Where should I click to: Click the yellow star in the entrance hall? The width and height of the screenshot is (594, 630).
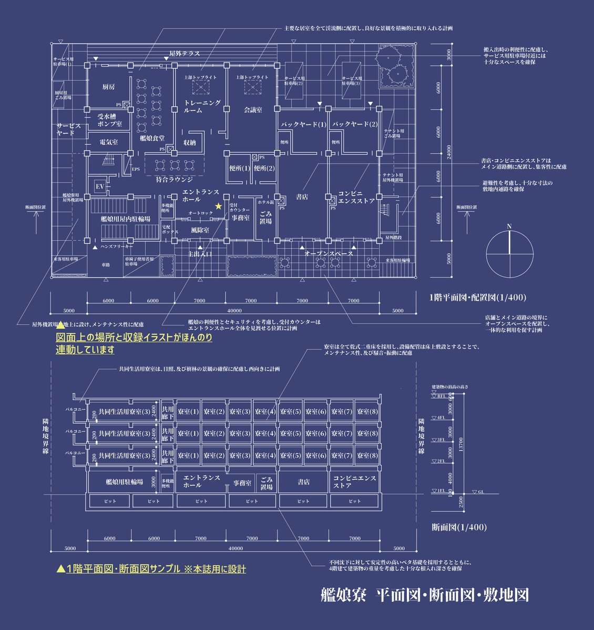(x=218, y=206)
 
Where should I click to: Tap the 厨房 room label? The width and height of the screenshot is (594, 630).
(x=108, y=86)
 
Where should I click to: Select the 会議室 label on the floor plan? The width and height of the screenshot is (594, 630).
(x=253, y=110)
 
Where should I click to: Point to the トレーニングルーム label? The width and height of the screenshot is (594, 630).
(x=202, y=107)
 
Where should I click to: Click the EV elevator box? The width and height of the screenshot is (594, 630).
(x=100, y=186)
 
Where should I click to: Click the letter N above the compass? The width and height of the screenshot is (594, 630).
(x=508, y=226)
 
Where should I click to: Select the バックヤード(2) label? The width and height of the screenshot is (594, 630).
(x=354, y=124)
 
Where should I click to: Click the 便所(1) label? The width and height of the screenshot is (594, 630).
(x=239, y=169)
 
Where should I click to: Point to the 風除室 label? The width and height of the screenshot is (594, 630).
(x=200, y=230)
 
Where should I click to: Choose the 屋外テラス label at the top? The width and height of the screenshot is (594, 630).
(x=184, y=54)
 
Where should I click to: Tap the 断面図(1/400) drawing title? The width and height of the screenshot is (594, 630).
(x=459, y=527)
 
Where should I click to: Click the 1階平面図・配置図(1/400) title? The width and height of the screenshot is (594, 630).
(x=477, y=297)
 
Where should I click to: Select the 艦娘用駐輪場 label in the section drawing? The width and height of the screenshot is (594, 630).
(x=124, y=481)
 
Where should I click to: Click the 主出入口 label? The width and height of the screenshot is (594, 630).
(x=200, y=254)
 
